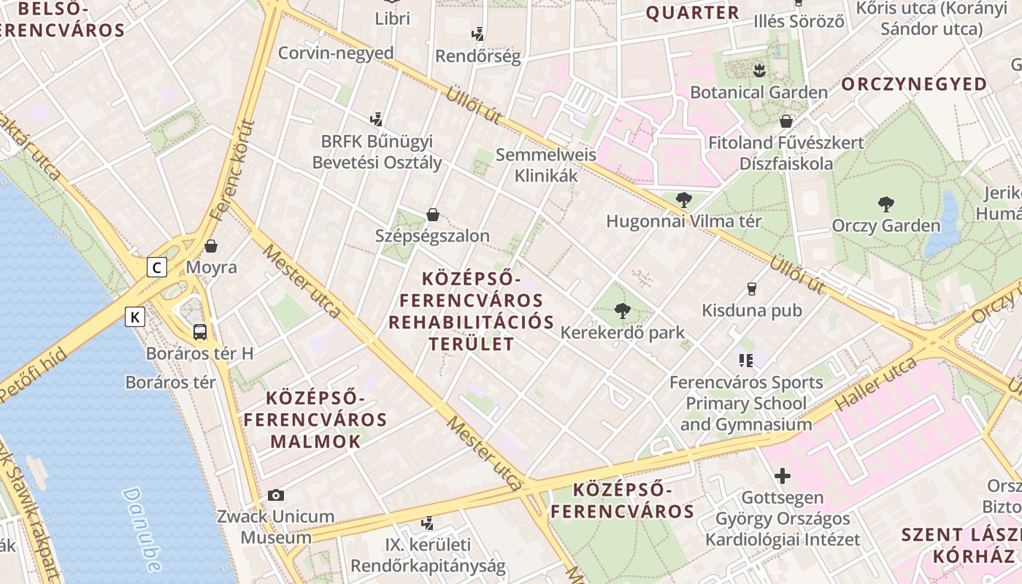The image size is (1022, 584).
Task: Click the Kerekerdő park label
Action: [622, 333]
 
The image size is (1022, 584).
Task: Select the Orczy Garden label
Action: [886, 225]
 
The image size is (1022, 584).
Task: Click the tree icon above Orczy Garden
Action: [886, 204]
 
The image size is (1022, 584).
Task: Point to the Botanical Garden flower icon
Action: [759, 71]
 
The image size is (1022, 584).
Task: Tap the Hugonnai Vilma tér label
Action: [683, 221]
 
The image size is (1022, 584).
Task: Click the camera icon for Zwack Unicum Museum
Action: [276, 495]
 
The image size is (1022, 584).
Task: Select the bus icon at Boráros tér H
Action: [200, 332]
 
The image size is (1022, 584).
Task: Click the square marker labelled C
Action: [156, 267]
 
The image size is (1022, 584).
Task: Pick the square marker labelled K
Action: [135, 317]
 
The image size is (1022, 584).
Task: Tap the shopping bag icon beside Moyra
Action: [211, 246]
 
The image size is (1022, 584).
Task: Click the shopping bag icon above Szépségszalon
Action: [433, 215]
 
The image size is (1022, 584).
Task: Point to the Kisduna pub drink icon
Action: [752, 289]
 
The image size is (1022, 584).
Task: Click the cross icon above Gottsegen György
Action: [783, 477]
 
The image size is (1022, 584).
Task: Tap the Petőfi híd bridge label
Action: [34, 375]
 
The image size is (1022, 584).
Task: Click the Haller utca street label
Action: [876, 383]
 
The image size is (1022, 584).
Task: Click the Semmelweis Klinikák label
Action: [546, 165]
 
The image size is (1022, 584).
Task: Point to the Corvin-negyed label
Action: [336, 53]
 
